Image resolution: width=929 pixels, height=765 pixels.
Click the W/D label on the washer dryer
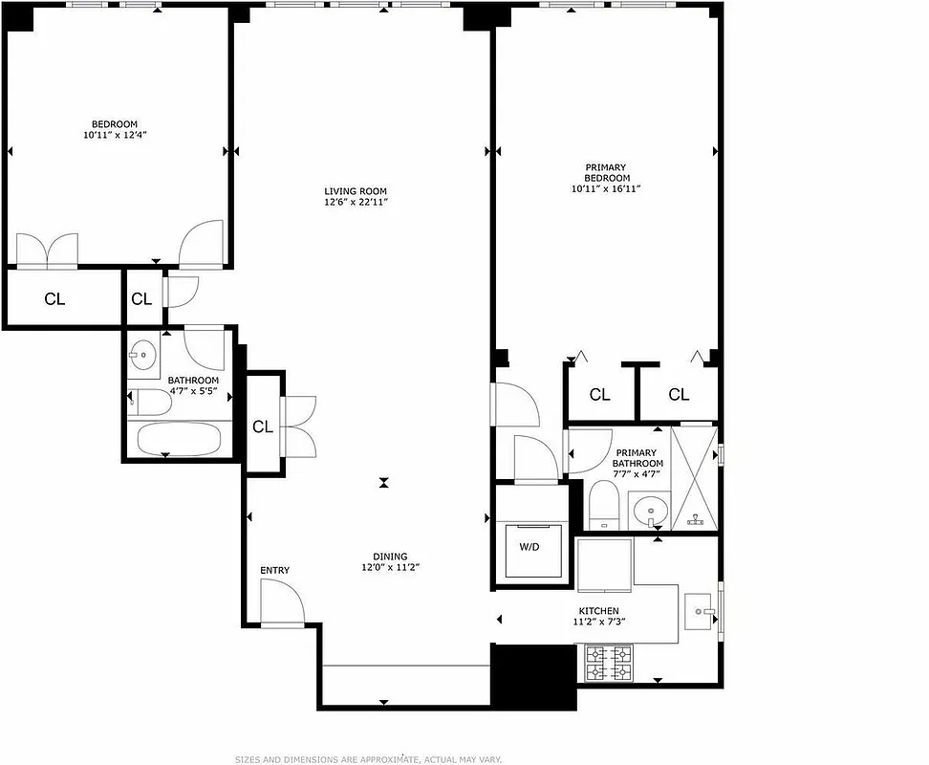pyautogui.click(x=529, y=548)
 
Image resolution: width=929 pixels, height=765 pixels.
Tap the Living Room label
pyautogui.click(x=356, y=191)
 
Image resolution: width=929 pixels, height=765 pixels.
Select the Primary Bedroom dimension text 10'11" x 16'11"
pyautogui.click(x=606, y=189)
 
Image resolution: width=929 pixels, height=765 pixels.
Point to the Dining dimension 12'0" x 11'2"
pyautogui.click(x=391, y=567)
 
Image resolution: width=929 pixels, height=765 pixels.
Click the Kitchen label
pyautogui.click(x=598, y=611)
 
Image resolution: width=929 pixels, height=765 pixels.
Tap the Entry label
pyautogui.click(x=274, y=571)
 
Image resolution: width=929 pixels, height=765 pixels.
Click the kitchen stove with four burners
pyautogui.click(x=609, y=664)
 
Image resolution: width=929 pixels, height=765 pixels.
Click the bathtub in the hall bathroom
pyautogui.click(x=179, y=440)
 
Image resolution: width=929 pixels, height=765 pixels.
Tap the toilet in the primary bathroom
pyautogui.click(x=603, y=504)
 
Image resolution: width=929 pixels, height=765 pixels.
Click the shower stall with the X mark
pyautogui.click(x=694, y=476)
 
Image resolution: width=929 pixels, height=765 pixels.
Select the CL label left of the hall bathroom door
pyautogui.click(x=141, y=299)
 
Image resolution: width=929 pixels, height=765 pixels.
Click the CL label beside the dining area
pyautogui.click(x=263, y=427)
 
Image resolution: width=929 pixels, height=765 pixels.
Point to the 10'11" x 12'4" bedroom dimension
pyautogui.click(x=114, y=136)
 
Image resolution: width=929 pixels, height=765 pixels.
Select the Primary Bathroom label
pyautogui.click(x=636, y=458)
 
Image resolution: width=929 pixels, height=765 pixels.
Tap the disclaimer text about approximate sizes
pyautogui.click(x=369, y=759)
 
